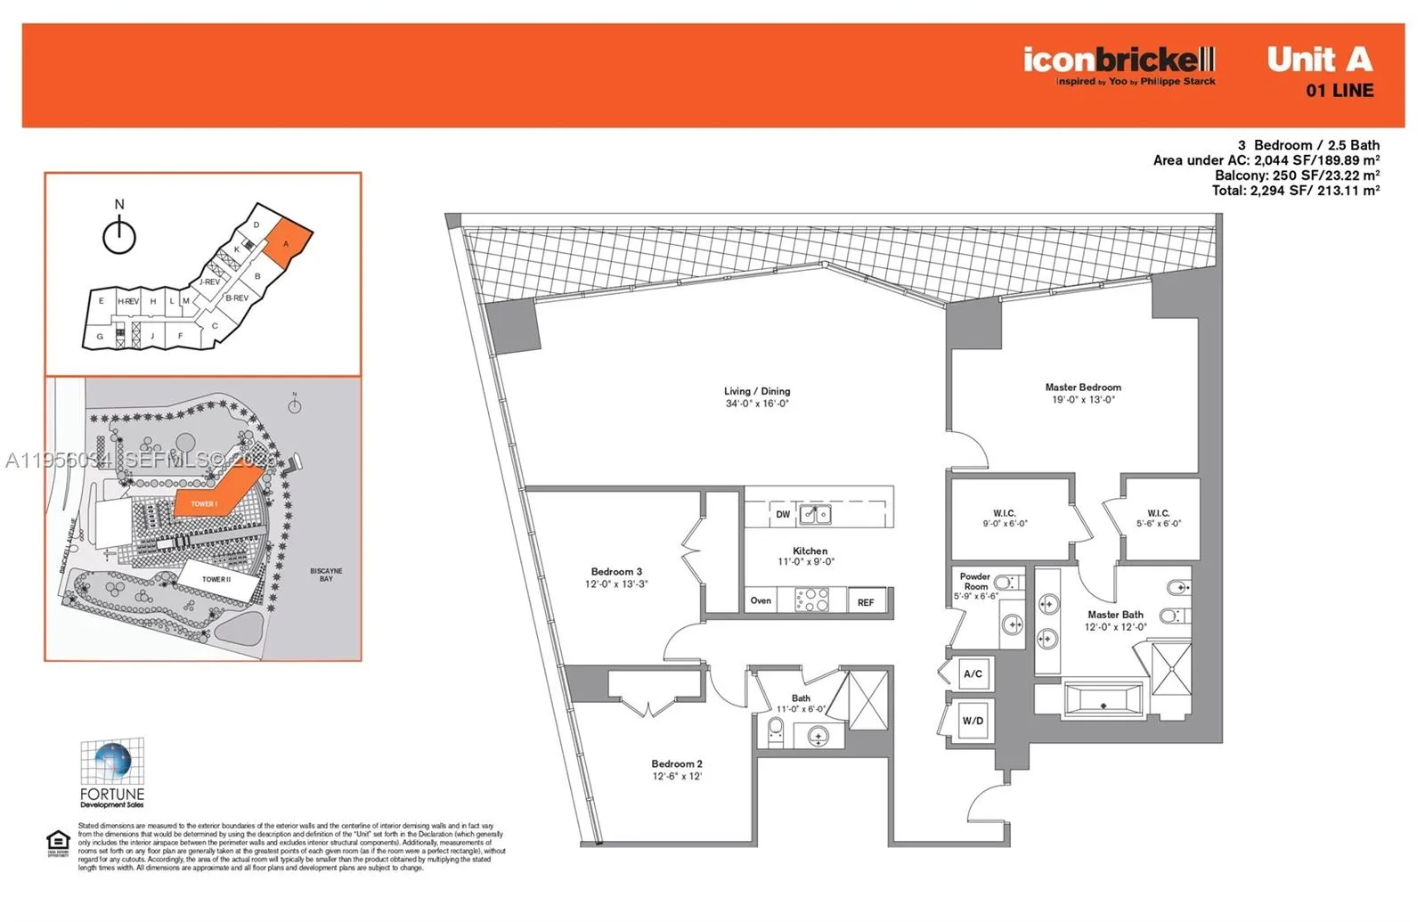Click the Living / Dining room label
(757, 391)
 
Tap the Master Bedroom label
(1083, 388)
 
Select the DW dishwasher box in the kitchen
(783, 514)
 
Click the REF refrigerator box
(866, 602)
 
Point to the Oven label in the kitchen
(761, 600)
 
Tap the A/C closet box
(973, 673)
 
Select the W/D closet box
(973, 721)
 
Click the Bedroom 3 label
(616, 572)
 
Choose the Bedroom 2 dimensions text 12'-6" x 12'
(677, 777)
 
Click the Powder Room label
(975, 581)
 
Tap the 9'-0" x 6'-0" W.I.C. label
(1005, 518)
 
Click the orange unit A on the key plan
(289, 243)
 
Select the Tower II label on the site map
(216, 579)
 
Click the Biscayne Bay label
(326, 575)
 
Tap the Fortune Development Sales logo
(112, 771)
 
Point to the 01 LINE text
(1339, 91)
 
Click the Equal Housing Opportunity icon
(58, 843)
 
